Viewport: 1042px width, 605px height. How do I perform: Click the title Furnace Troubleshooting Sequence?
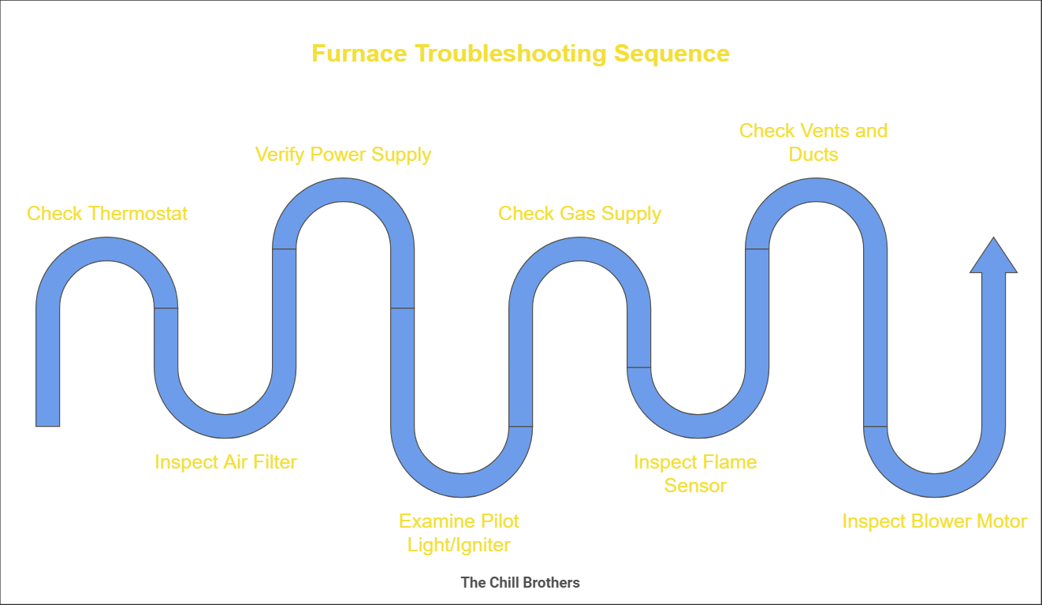520,54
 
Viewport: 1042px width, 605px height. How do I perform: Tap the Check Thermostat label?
107,214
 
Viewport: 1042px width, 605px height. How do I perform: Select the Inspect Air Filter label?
225,461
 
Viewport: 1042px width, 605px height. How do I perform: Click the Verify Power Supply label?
343,154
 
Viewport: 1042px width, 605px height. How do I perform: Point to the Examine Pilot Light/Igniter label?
459,532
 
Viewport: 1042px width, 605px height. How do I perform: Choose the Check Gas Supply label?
579,214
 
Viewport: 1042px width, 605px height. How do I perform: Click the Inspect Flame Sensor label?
695,473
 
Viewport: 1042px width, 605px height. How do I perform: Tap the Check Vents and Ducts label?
813,142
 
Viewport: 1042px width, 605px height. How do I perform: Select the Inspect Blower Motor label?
934,521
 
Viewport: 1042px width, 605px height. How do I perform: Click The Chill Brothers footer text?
520,583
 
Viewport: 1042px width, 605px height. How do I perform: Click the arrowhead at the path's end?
993,257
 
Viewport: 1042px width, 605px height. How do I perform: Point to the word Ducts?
813,155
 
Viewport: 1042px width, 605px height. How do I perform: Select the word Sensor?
695,485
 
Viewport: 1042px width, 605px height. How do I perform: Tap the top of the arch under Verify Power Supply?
343,189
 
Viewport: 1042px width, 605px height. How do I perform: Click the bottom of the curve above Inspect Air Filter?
225,426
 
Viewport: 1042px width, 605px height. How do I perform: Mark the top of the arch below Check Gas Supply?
579,249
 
